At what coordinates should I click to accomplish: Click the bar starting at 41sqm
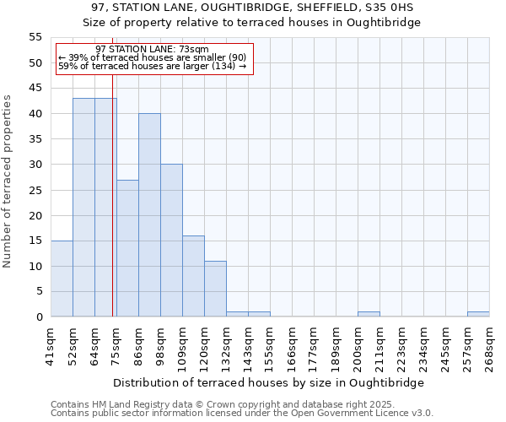62,279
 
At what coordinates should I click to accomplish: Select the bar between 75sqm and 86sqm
127,248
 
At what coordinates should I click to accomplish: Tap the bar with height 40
149,215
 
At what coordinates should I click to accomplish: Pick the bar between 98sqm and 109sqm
171,241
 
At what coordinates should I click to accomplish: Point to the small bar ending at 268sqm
478,314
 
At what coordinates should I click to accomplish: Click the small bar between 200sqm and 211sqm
369,314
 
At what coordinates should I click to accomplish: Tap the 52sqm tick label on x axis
73,344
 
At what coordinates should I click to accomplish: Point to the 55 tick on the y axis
35,37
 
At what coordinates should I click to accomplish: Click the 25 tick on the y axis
35,190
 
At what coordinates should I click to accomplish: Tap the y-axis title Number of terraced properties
8,181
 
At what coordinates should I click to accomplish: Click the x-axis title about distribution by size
267,382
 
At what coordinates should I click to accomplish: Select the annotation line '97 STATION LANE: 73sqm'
152,50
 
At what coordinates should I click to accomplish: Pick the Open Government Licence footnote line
241,414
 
